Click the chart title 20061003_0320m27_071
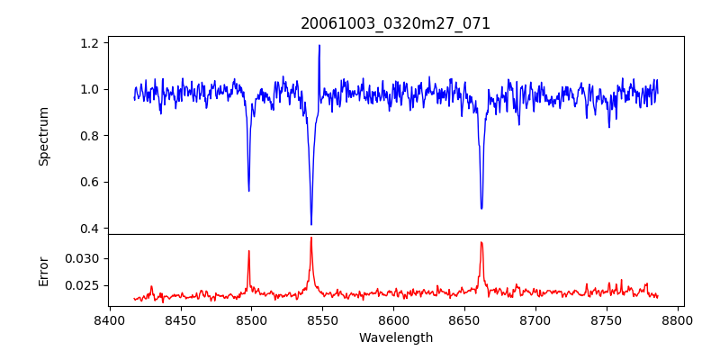pos(395,23)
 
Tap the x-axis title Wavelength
pos(395,337)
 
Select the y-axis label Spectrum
pos(44,136)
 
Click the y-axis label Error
pos(44,271)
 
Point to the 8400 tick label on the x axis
pos(109,319)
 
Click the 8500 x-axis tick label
pos(251,319)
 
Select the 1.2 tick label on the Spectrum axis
pos(89,42)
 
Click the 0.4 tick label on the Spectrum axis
pos(89,229)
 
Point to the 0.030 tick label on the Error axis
pos(83,258)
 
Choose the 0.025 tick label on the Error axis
pos(83,285)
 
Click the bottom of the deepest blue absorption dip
pos(311,224)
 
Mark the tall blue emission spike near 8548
pos(319,46)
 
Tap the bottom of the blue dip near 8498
pos(249,190)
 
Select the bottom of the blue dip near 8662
pos(481,208)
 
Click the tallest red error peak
pos(311,238)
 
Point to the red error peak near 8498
pos(249,251)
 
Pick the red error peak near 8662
pos(481,242)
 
